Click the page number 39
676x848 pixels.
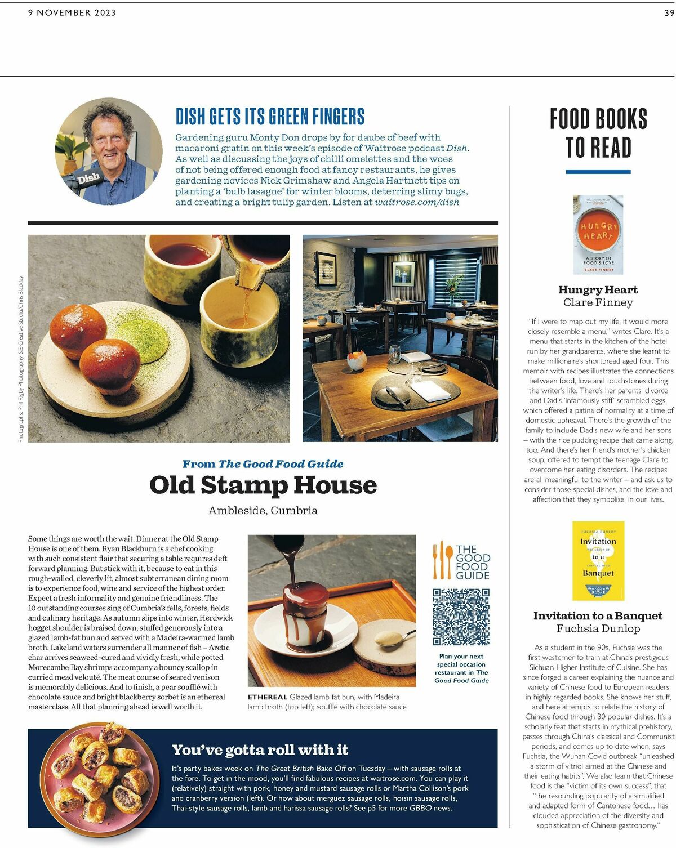[669, 12]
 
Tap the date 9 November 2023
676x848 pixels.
[72, 12]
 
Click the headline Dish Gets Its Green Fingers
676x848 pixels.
[270, 117]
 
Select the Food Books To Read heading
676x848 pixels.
[598, 133]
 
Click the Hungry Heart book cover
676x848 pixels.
[598, 234]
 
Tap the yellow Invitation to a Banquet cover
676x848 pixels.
[598, 561]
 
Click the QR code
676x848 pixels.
[461, 617]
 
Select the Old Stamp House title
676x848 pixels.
[263, 485]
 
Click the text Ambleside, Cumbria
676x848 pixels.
[263, 511]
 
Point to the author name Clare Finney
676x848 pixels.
[598, 302]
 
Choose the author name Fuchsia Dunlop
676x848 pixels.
[598, 628]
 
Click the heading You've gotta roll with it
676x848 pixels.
[260, 750]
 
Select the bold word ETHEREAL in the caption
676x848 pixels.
[268, 697]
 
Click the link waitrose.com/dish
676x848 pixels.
[417, 202]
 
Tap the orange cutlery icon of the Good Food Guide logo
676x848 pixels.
[442, 560]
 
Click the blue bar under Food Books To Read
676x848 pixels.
[598, 172]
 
